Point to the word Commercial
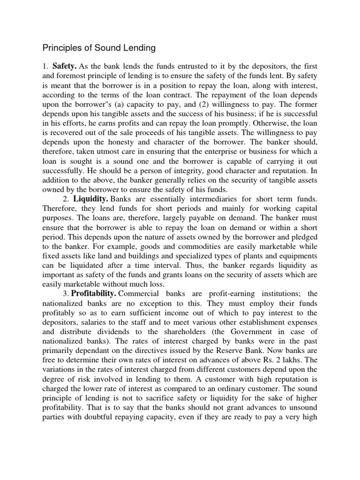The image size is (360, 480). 140,293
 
